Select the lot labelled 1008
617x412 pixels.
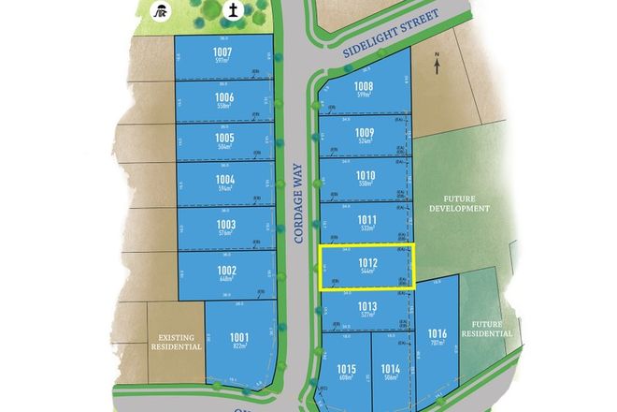365,87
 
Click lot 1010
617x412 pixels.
366,175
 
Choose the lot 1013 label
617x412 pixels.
366,305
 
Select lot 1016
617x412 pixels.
437,333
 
